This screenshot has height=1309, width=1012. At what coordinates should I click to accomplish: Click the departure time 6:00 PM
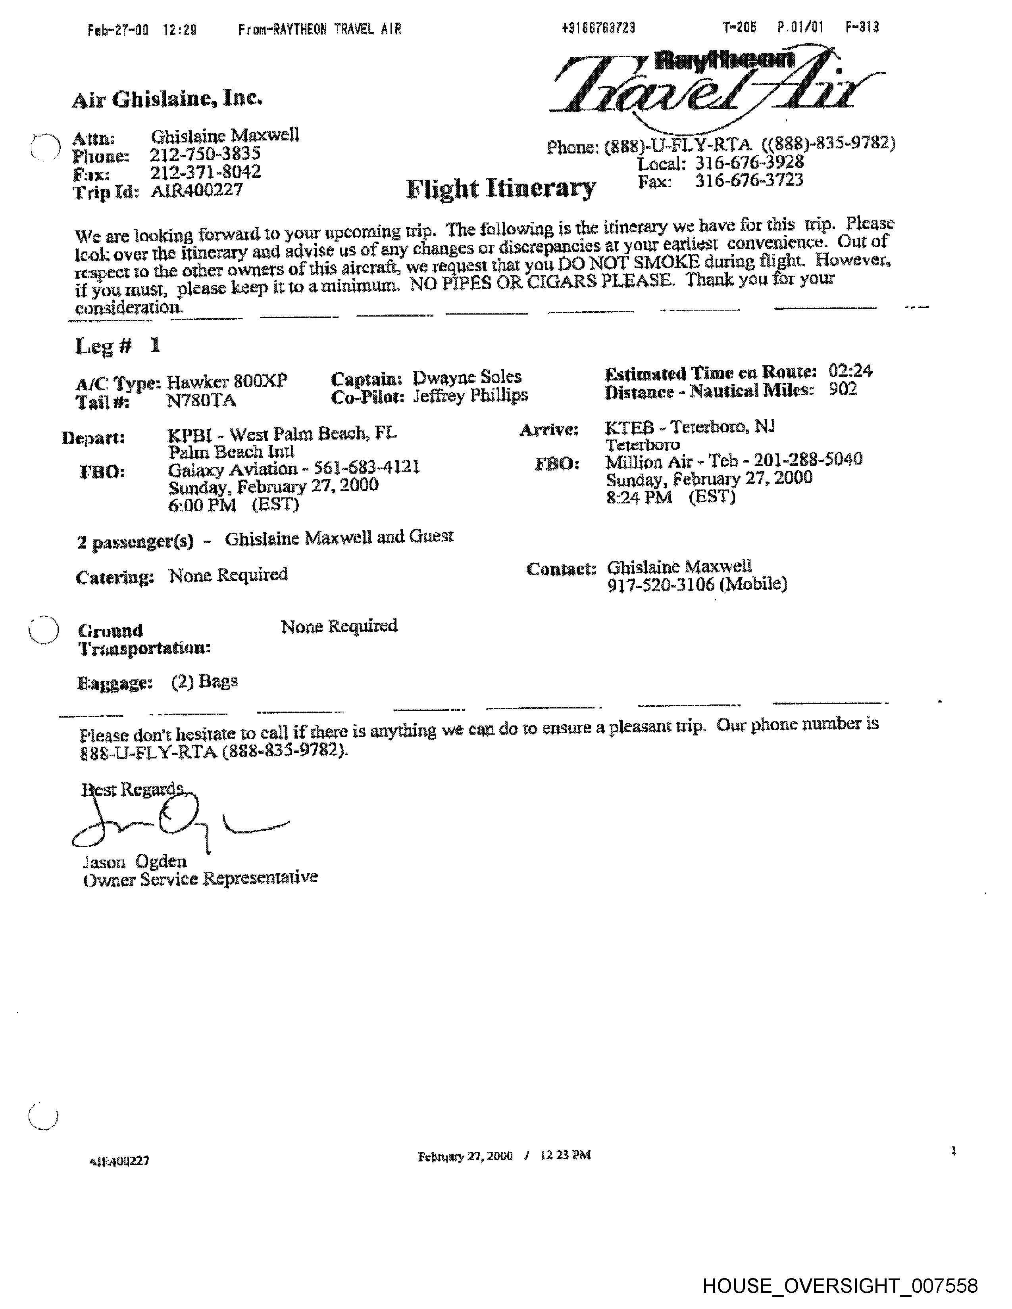pos(202,505)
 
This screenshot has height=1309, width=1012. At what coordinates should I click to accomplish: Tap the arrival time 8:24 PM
pos(639,497)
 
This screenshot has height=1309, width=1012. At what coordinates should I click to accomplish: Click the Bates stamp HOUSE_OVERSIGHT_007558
pos(840,1285)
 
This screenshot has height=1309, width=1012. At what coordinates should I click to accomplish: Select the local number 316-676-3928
pos(749,162)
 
